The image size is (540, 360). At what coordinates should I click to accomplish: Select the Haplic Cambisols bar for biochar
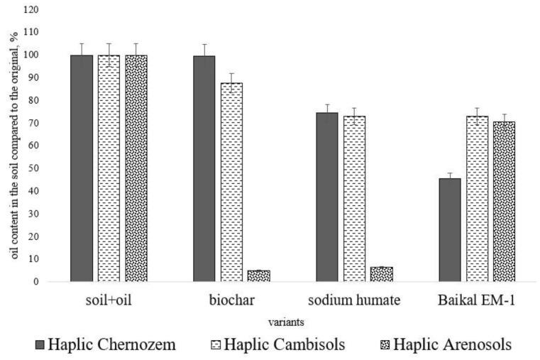pos(231,182)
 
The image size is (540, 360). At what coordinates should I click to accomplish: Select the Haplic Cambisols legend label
pos(287,345)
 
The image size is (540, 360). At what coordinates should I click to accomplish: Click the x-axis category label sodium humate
pos(354,300)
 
